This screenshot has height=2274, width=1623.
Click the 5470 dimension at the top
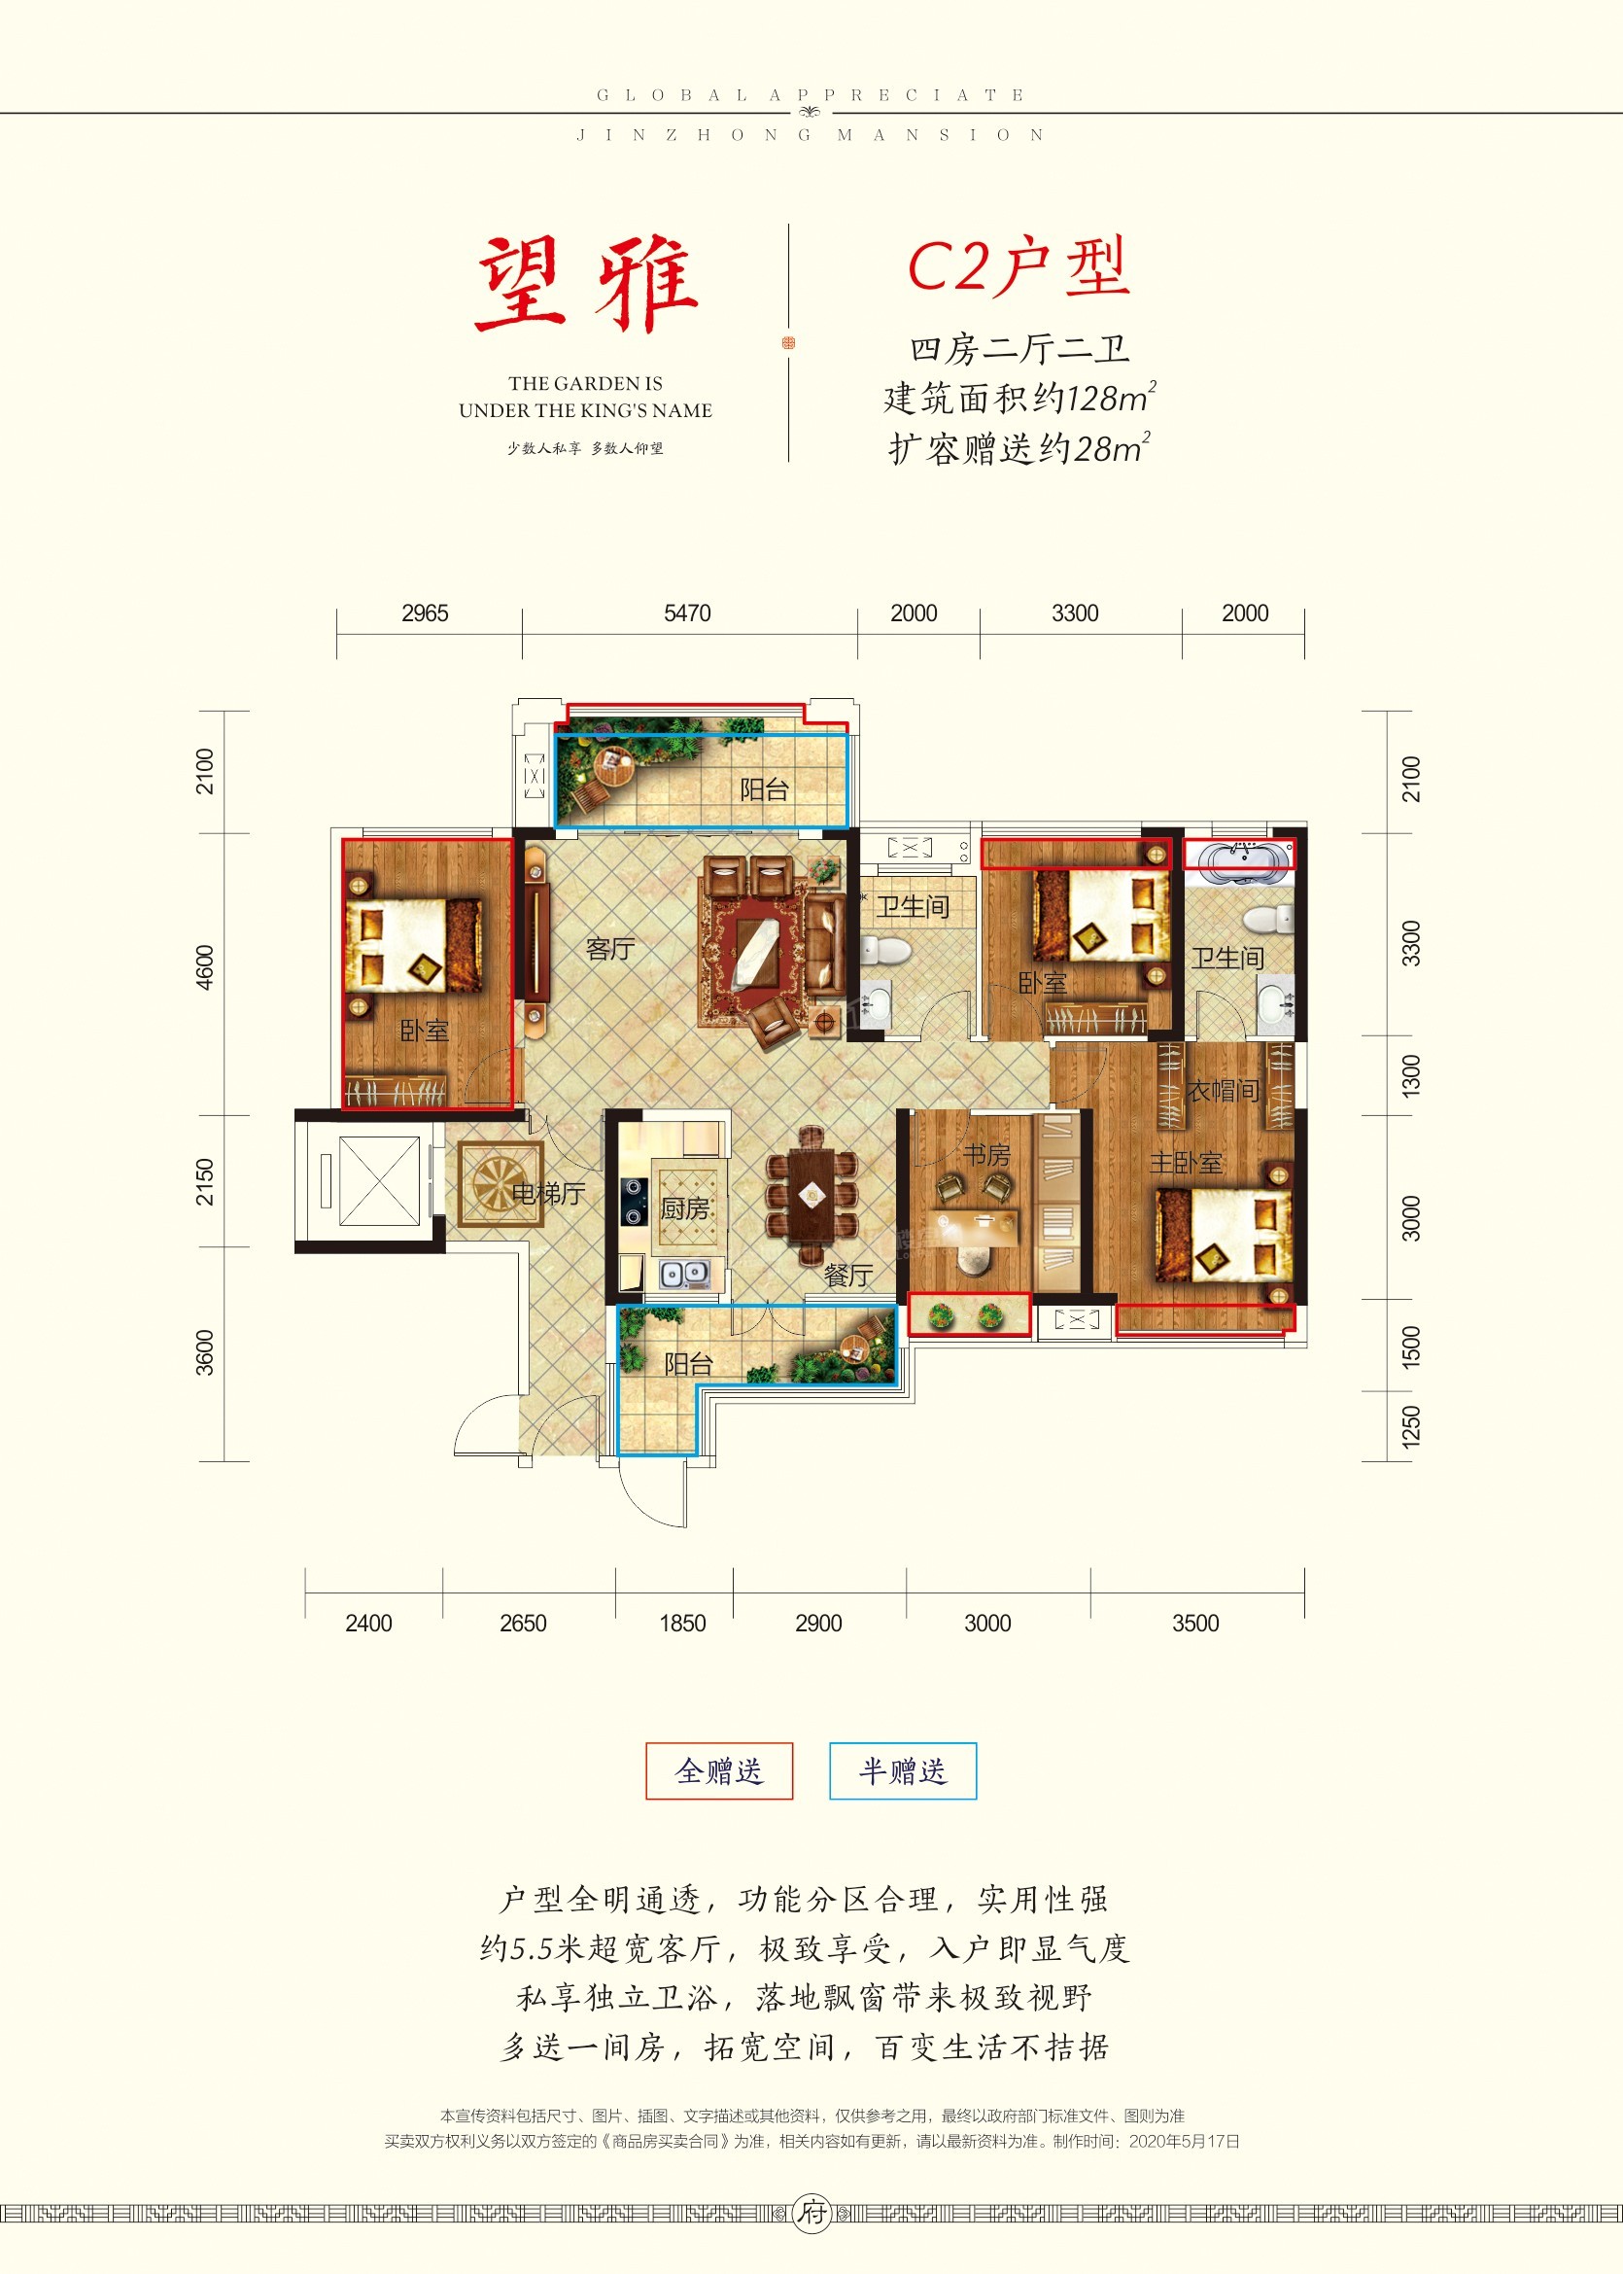[x=687, y=612]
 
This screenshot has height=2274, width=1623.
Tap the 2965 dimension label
[x=425, y=612]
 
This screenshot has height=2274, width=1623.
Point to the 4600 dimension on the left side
[x=205, y=966]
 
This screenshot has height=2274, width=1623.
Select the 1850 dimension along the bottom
[x=682, y=1623]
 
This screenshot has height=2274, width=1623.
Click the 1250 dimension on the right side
[x=1410, y=1426]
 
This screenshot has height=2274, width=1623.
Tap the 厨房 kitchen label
[x=684, y=1208]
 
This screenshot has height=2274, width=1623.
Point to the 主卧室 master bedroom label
[x=1187, y=1163]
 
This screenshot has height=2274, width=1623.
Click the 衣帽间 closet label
[x=1223, y=1091]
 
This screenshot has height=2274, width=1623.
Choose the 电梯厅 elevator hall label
[x=548, y=1193]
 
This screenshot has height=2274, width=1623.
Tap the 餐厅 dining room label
[x=848, y=1275]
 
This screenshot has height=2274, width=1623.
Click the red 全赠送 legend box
[x=719, y=1771]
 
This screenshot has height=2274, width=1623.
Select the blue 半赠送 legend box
[x=903, y=1771]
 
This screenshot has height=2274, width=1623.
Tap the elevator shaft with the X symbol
[x=380, y=1180]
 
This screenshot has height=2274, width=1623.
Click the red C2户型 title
[x=1019, y=268]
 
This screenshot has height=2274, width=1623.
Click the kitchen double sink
[x=685, y=1275]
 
